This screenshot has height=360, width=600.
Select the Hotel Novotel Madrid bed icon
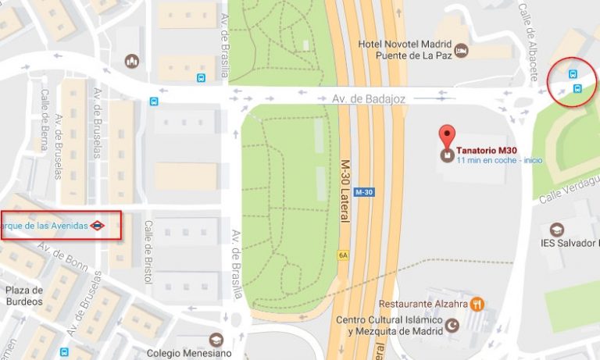click(461, 51)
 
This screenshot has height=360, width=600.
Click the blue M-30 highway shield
click(363, 192)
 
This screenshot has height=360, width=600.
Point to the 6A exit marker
click(342, 255)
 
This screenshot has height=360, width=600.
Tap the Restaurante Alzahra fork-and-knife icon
click(477, 304)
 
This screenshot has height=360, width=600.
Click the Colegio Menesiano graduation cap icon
click(216, 340)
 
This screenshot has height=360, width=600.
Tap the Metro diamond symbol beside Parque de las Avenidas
click(97, 226)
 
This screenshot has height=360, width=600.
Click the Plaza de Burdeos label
click(23, 297)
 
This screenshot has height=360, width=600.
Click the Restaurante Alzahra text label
click(423, 304)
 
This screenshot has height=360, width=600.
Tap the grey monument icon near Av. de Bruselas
click(131, 60)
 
